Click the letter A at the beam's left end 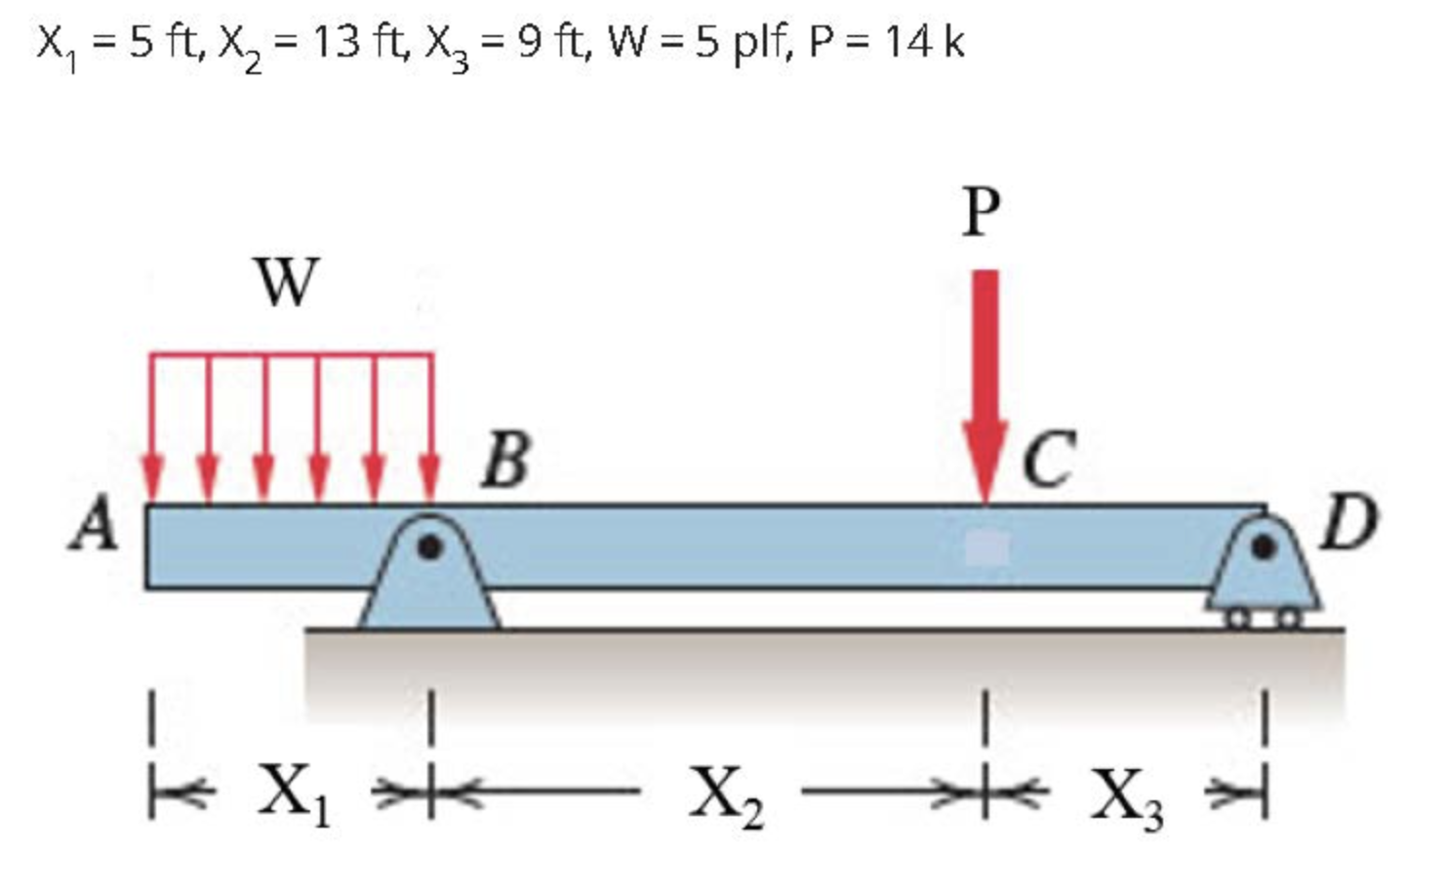96,524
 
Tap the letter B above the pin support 506,459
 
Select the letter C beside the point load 1049,459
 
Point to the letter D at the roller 1350,523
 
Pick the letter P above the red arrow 982,211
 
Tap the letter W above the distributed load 286,282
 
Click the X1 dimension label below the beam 294,793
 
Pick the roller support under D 1265,581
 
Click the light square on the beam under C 986,549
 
